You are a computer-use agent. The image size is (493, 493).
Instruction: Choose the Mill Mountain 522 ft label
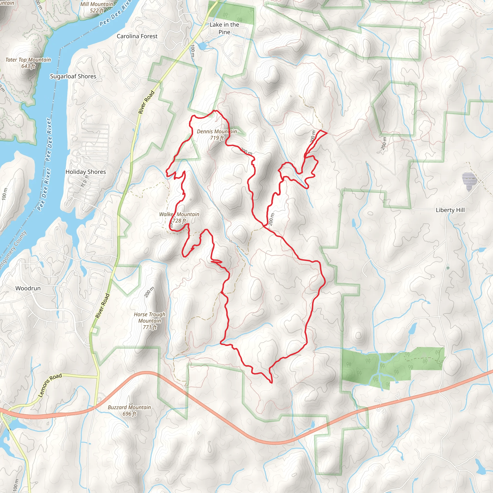pyautogui.click(x=97, y=7)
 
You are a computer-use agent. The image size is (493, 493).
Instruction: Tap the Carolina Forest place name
pyautogui.click(x=137, y=36)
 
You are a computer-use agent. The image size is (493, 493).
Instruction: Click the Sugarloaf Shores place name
pyautogui.click(x=73, y=76)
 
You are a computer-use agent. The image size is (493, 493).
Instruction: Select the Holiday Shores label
pyautogui.click(x=86, y=172)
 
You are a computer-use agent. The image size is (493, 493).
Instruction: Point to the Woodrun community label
pyautogui.click(x=28, y=288)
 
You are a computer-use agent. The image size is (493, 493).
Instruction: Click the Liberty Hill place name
pyautogui.click(x=450, y=210)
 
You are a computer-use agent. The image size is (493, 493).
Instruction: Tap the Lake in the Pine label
pyautogui.click(x=224, y=28)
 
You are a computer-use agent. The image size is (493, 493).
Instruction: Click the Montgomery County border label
pyautogui.click(x=13, y=250)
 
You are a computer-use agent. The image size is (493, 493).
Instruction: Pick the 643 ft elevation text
pyautogui.click(x=28, y=66)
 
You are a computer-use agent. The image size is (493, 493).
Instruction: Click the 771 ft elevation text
pyautogui.click(x=150, y=327)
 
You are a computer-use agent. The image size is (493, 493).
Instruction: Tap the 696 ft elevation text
pyautogui.click(x=129, y=414)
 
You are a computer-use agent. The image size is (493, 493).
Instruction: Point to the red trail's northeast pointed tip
pyautogui.click(x=327, y=133)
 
